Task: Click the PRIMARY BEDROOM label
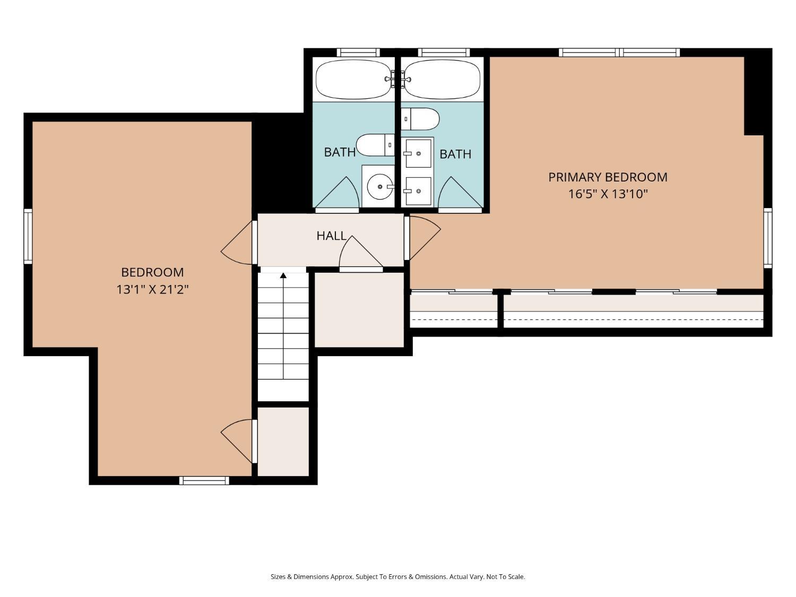[608, 177]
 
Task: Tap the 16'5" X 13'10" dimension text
[608, 194]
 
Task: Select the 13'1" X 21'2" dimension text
[152, 290]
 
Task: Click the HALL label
[332, 236]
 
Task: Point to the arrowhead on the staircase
[283, 275]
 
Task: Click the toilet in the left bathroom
[375, 145]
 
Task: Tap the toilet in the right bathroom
[420, 119]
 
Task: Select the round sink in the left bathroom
[379, 187]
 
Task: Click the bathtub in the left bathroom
[353, 80]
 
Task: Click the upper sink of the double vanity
[418, 154]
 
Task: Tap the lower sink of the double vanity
[418, 191]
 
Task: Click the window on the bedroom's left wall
[28, 236]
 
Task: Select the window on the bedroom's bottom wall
[204, 481]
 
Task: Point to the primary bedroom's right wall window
[768, 238]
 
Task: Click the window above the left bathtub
[358, 53]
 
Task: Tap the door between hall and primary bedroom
[423, 238]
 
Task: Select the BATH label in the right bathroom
[455, 154]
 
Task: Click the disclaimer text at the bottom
[398, 577]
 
